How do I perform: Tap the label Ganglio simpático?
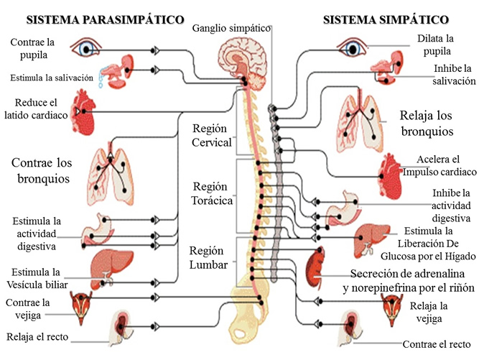pyautogui.click(x=231, y=28)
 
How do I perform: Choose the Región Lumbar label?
pyautogui.click(x=208, y=257)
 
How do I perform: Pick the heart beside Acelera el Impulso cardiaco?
pyautogui.click(x=394, y=172)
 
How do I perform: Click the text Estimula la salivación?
pyautogui.click(x=52, y=78)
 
